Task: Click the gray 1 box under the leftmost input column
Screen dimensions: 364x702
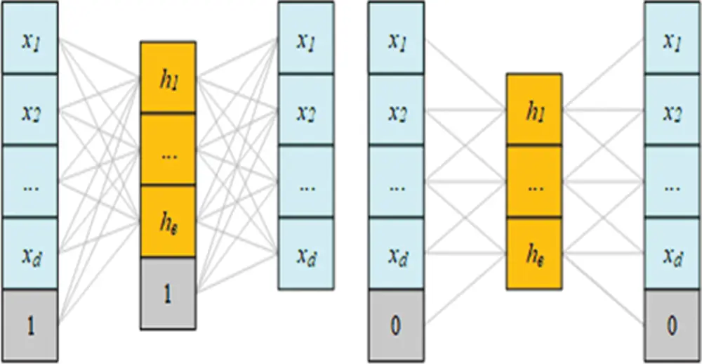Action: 30,325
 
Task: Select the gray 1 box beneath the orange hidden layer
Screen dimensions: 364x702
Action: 168,293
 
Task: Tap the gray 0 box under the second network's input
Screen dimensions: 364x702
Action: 396,325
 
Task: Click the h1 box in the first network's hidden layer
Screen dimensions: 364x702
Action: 168,77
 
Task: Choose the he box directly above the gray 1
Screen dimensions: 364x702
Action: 168,221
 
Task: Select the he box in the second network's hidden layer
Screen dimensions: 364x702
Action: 534,253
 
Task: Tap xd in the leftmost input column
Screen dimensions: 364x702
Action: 30,254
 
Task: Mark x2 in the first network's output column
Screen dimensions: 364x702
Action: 305,110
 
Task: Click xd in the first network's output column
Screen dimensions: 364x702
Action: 305,254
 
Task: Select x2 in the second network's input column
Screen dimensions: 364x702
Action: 396,110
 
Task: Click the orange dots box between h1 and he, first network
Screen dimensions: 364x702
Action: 168,150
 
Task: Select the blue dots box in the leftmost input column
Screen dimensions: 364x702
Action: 30,182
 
